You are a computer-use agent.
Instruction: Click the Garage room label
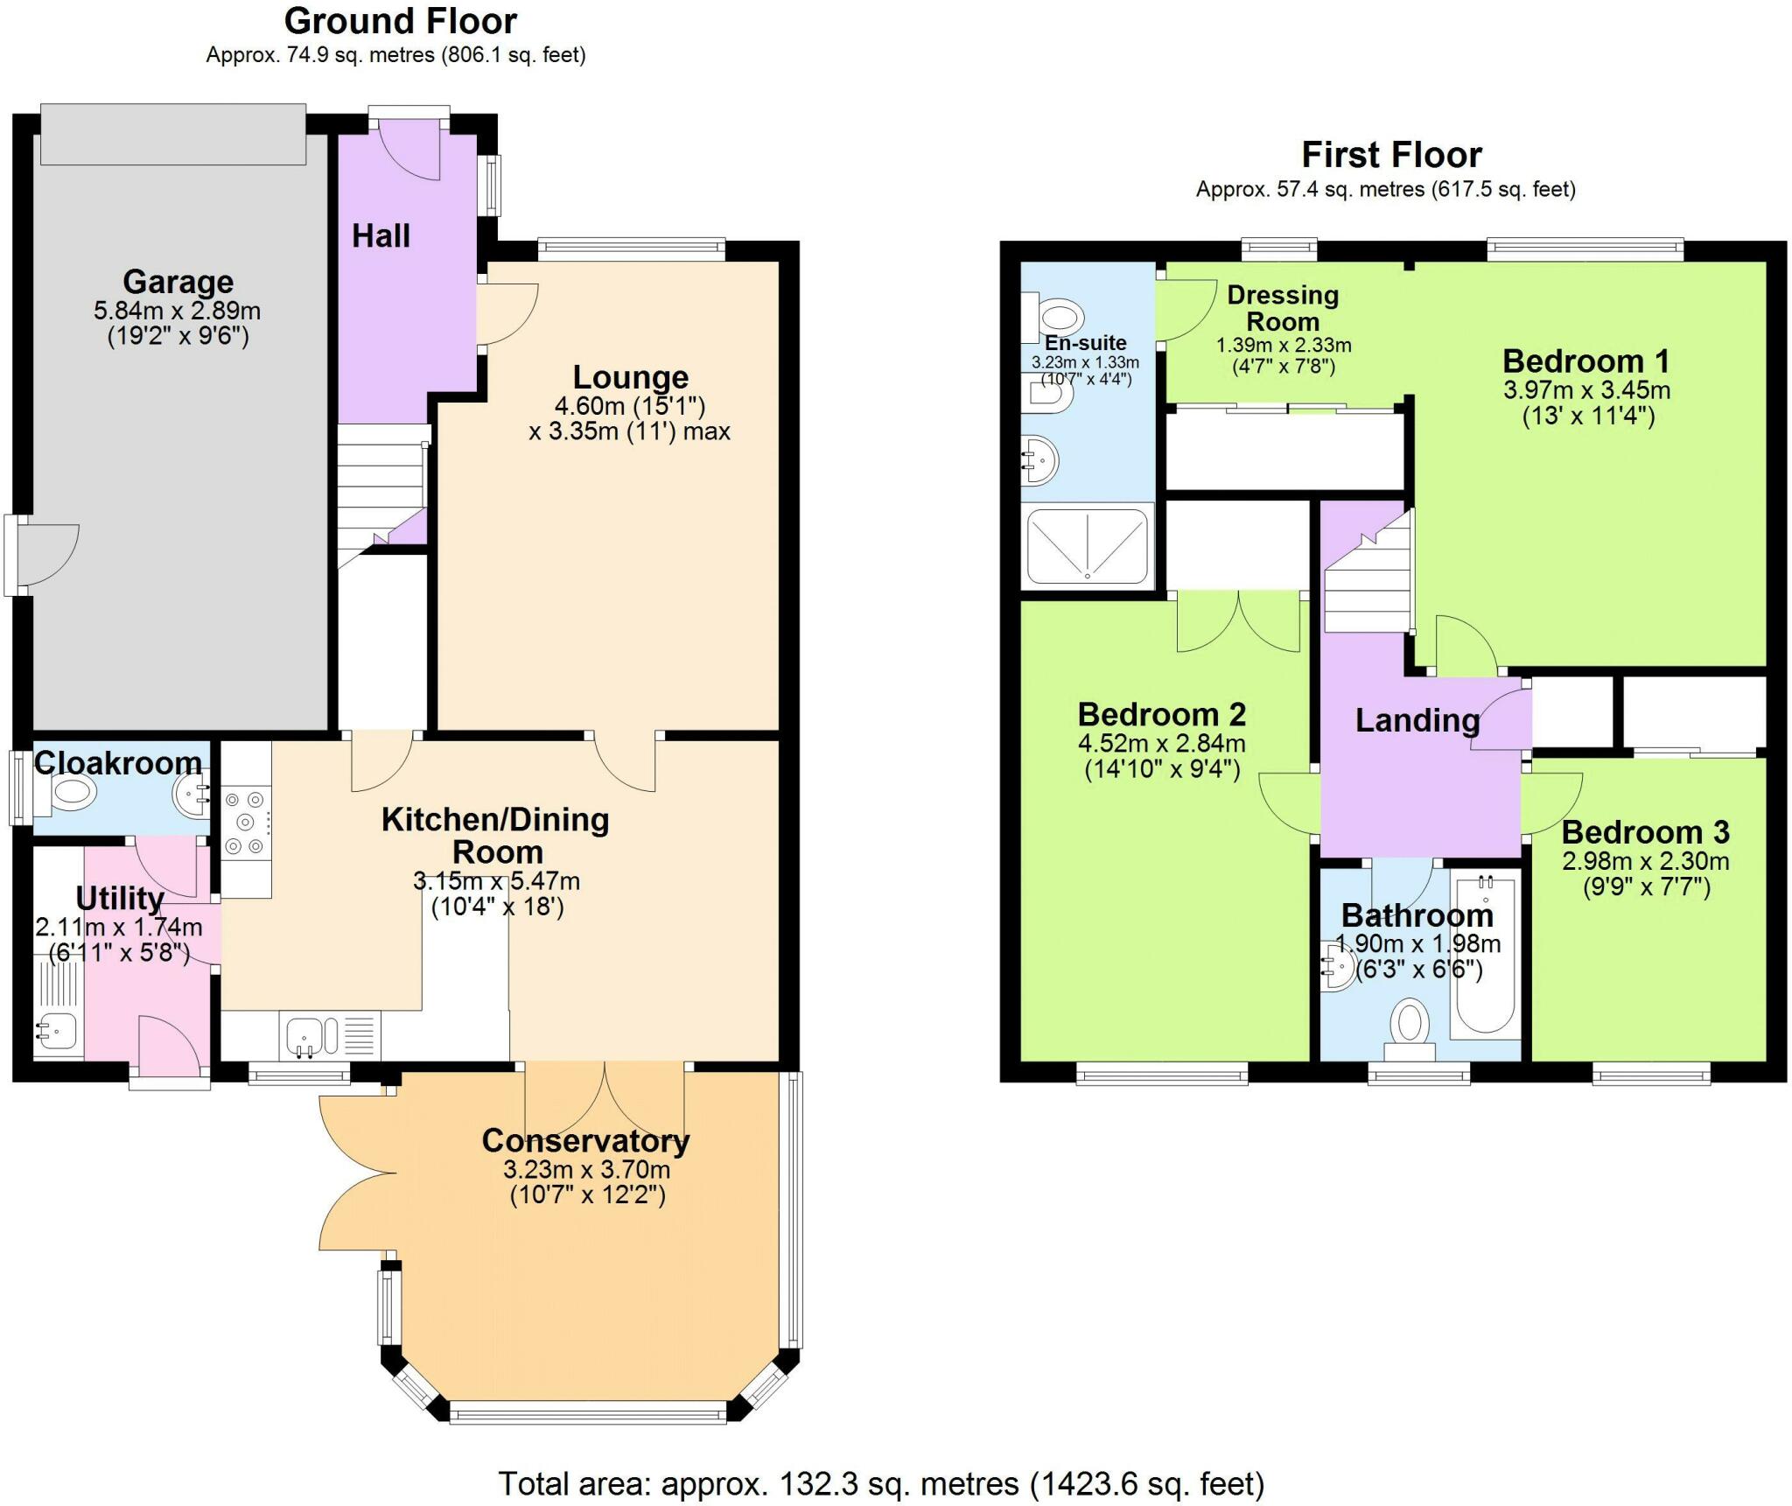178,282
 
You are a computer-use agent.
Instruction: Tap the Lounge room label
631,377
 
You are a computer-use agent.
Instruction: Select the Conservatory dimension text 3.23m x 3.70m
587,1169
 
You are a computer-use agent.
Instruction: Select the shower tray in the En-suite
1087,546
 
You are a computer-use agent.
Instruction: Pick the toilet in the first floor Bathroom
1409,1031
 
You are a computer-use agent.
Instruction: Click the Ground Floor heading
401,20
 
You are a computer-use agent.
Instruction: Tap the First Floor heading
1391,155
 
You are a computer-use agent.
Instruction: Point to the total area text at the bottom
881,1484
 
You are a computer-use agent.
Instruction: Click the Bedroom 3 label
1645,831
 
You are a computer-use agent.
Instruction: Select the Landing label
1417,720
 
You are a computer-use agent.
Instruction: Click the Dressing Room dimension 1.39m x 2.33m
1284,345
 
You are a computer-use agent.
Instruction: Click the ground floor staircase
382,496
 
